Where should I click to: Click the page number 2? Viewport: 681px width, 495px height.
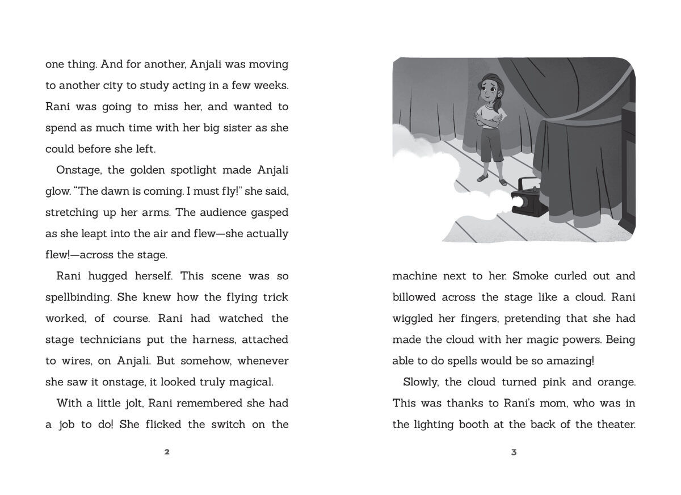point(167,452)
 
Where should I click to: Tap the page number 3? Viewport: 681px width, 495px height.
point(514,452)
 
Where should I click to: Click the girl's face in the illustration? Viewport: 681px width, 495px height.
point(490,91)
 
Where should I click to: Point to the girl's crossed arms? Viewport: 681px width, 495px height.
point(489,119)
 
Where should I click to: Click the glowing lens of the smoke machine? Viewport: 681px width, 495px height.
point(518,201)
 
